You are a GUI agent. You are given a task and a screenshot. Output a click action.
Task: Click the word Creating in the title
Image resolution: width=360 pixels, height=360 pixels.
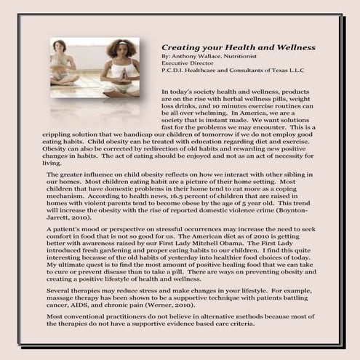(180, 47)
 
